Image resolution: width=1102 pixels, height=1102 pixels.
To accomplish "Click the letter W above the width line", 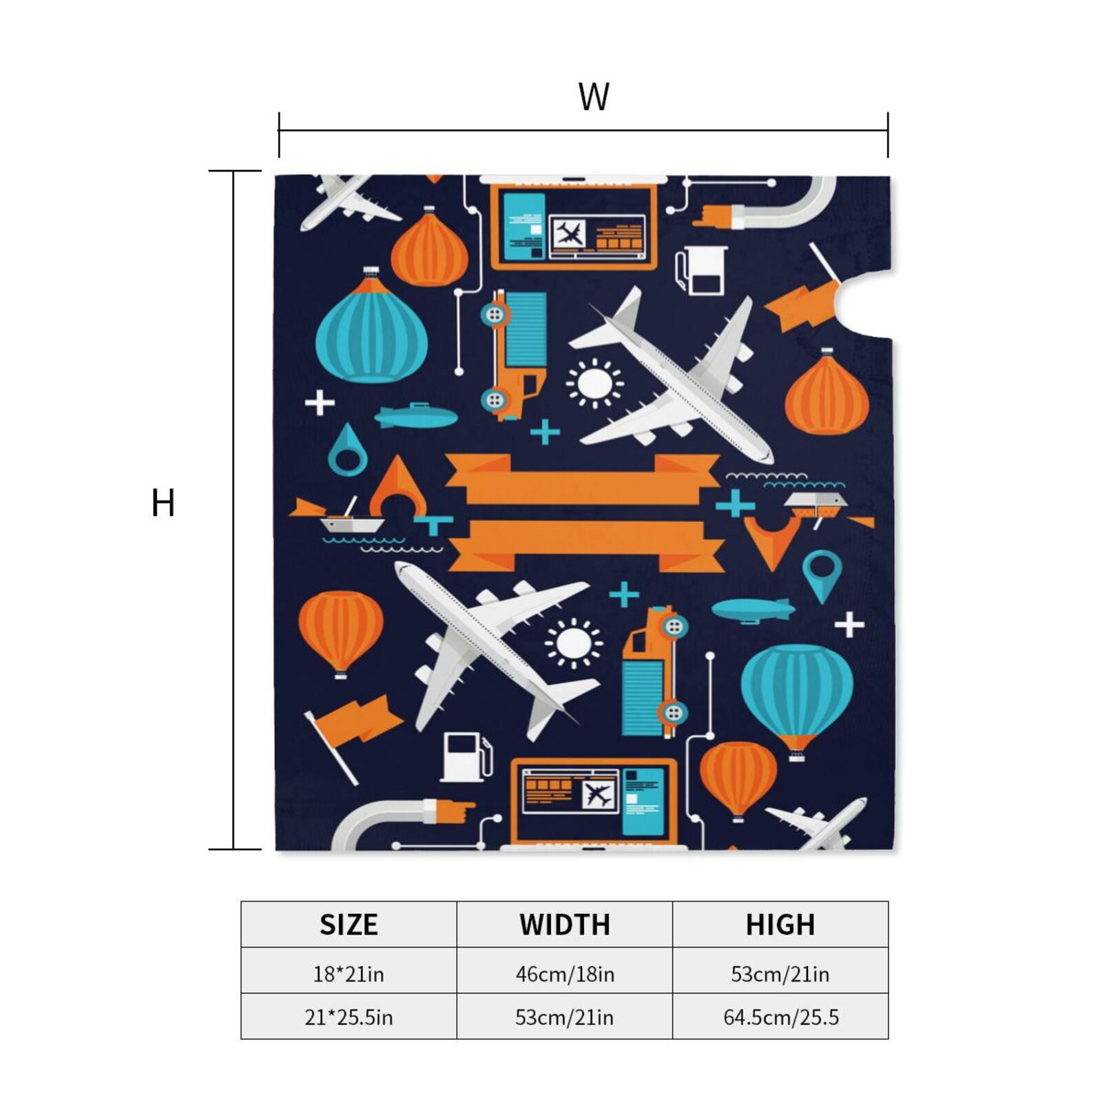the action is click(x=594, y=97).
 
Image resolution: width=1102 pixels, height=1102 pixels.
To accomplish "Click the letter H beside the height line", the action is click(x=163, y=503).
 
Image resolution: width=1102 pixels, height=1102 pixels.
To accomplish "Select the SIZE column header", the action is click(x=349, y=924).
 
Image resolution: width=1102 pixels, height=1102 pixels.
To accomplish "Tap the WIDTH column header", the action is click(x=565, y=924).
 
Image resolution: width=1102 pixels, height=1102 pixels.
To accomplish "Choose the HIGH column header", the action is click(x=780, y=924).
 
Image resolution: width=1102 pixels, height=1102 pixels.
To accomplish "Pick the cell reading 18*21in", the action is click(x=349, y=974).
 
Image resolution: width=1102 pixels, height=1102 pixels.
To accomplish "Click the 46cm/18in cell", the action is click(x=565, y=974).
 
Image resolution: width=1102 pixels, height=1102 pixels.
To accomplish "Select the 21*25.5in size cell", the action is click(x=349, y=1017).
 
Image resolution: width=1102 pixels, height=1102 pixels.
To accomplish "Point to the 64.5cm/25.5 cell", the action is click(x=780, y=1017).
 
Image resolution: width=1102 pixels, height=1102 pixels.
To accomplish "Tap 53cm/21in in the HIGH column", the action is click(x=780, y=974).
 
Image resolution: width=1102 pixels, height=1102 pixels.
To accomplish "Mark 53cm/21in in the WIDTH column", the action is click(x=565, y=1017).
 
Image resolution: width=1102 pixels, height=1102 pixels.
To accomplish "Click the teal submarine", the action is click(x=415, y=415).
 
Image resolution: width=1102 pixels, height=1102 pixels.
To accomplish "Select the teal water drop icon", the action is click(x=347, y=451).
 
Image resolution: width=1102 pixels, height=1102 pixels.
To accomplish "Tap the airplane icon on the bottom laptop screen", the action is click(x=597, y=794).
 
